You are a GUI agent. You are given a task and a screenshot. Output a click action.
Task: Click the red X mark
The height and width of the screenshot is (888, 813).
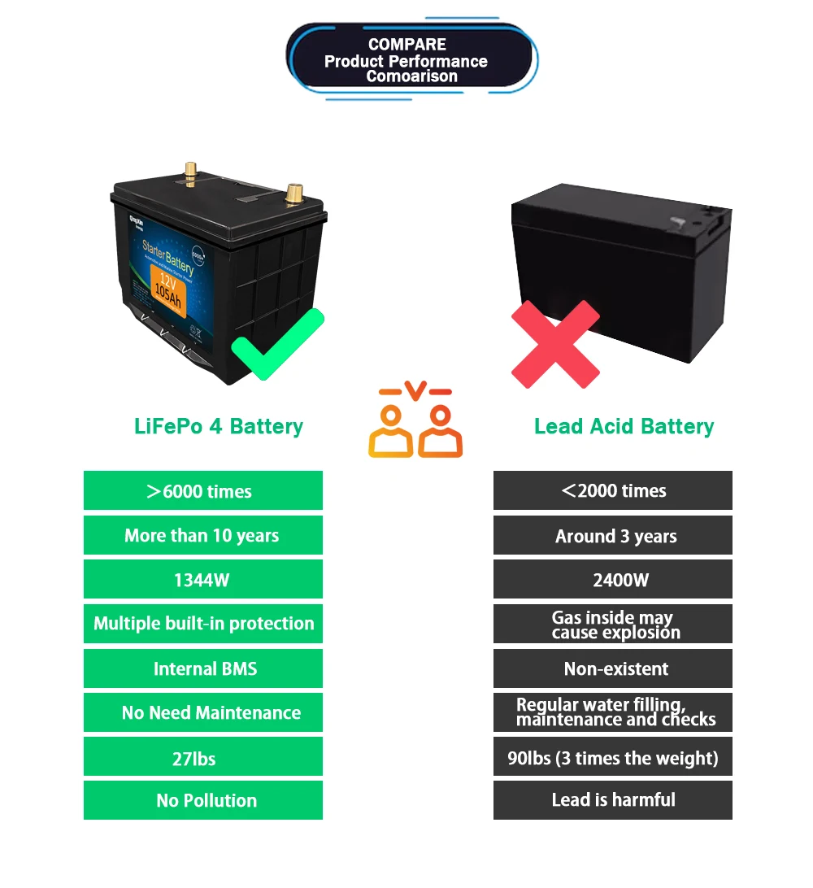[555, 343]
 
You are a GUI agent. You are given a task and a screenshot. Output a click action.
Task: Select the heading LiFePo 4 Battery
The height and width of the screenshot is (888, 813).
[218, 426]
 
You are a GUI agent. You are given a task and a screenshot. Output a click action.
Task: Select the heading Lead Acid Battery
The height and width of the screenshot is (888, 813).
[624, 426]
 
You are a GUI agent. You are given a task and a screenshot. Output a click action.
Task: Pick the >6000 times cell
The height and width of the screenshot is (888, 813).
[203, 491]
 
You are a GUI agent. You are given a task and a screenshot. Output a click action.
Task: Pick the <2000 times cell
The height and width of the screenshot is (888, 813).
[612, 491]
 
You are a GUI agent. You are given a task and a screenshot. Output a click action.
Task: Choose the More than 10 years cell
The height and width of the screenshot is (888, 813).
[203, 536]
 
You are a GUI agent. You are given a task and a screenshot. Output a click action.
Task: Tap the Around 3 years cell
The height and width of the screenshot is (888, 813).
[612, 536]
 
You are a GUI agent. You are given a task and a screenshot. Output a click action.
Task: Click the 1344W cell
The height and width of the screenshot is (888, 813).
[203, 580]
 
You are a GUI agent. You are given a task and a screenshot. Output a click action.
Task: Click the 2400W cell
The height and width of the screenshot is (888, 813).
[612, 580]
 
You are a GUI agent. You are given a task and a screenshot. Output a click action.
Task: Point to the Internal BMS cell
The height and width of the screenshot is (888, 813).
[203, 668]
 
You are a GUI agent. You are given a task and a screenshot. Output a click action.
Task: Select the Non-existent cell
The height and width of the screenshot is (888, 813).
[612, 668]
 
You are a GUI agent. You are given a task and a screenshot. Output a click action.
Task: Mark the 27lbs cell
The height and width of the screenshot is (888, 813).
[203, 757]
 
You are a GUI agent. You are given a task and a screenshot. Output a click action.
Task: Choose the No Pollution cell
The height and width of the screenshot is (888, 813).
[203, 800]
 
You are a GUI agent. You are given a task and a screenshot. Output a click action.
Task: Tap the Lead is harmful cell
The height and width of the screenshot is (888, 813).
[612, 800]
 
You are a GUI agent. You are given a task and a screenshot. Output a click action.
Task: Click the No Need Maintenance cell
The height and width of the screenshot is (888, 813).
[203, 712]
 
